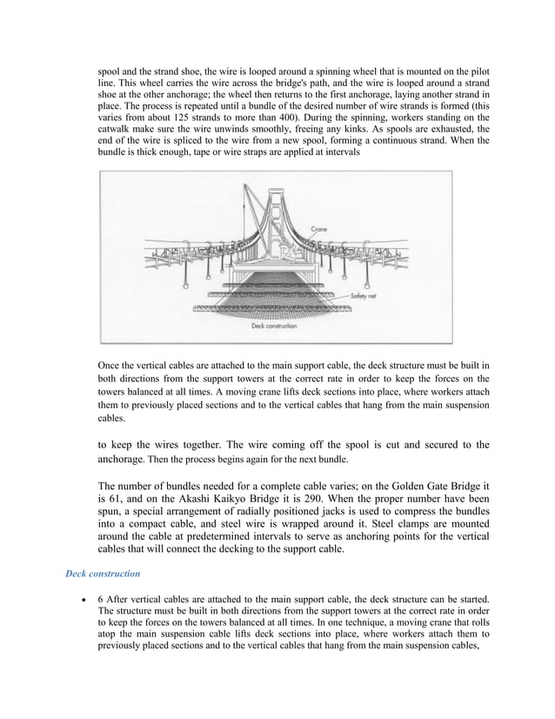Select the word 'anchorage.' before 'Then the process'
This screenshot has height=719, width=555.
coord(126,458)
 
